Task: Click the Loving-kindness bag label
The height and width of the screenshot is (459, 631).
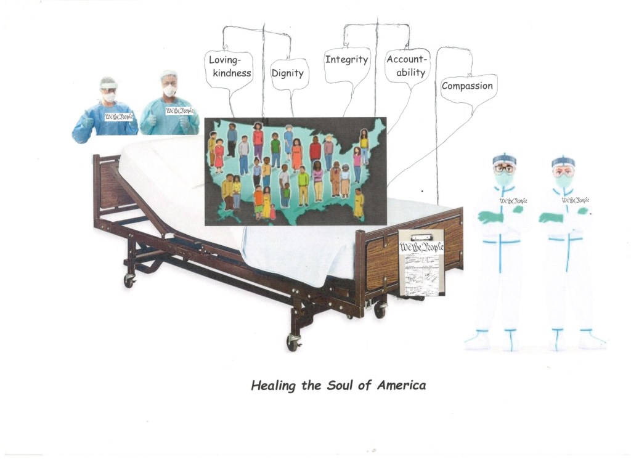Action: click(x=230, y=67)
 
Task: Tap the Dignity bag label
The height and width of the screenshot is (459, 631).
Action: click(x=288, y=73)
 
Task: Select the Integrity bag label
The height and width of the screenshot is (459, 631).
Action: click(x=346, y=60)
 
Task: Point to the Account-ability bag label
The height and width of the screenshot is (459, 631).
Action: click(x=407, y=66)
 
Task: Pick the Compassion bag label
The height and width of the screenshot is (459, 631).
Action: click(x=467, y=86)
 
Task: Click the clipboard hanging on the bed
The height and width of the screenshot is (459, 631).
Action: click(x=421, y=263)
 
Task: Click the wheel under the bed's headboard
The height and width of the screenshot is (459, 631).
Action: click(x=129, y=280)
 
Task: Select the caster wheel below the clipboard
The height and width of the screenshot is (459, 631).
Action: click(x=380, y=310)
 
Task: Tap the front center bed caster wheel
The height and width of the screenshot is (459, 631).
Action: click(x=293, y=343)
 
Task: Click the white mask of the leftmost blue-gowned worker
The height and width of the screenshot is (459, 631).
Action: click(x=109, y=97)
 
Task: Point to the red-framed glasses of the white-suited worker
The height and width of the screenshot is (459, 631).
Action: click(x=504, y=168)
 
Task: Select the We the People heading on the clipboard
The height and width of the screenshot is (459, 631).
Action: click(x=421, y=248)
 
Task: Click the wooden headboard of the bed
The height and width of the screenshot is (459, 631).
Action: click(x=106, y=185)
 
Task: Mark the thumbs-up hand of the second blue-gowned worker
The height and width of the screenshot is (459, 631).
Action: click(x=184, y=122)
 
